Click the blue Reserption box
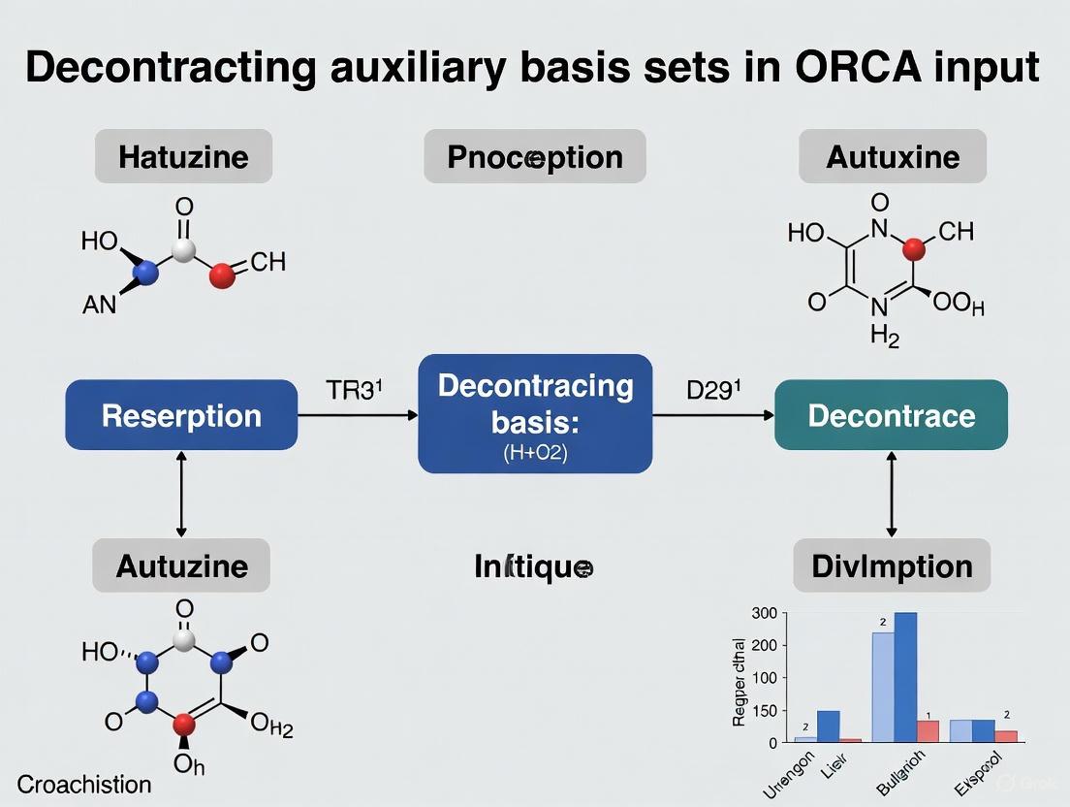pos(181,415)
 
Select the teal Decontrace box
pos(891,415)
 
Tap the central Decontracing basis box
pos(535,413)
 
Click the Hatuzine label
pos(183,156)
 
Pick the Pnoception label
pos(535,156)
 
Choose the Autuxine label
pos(893,156)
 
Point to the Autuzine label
pos(181,565)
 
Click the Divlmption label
pos(892,565)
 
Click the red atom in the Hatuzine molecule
pos(222,276)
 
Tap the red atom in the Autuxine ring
pos(913,251)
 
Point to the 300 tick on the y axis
pos(765,613)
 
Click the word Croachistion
pos(84,784)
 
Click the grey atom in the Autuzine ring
pos(184,641)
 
